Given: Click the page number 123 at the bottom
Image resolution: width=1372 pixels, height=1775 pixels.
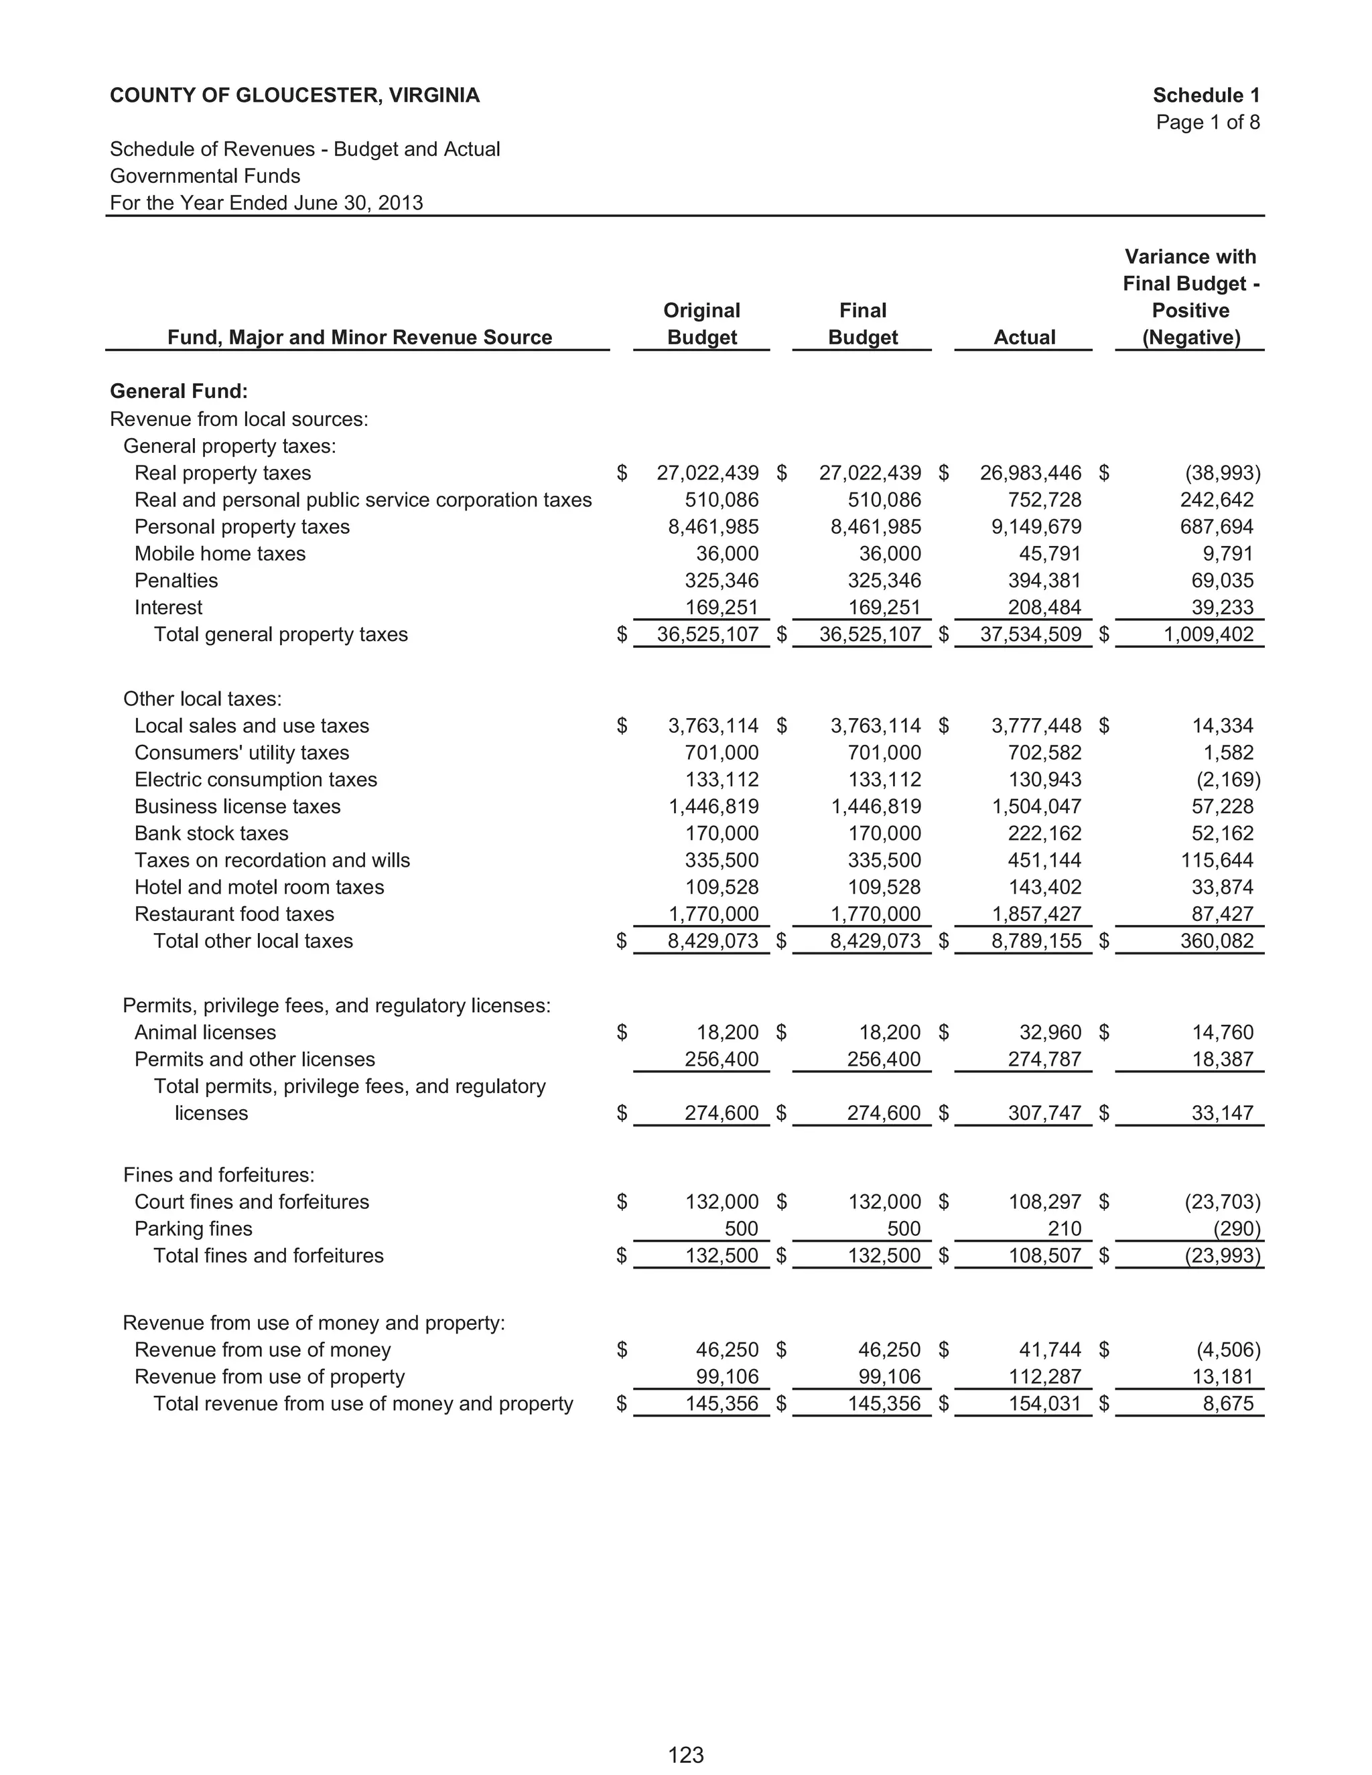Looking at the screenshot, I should (x=685, y=1755).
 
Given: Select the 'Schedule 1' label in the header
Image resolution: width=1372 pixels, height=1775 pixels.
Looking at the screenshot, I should (x=1205, y=95).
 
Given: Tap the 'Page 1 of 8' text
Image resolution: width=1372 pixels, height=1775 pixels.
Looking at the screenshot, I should (x=1207, y=122).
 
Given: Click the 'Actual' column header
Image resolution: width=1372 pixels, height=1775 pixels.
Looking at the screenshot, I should (x=1024, y=338).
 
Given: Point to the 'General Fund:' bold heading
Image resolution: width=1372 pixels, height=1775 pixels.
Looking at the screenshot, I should (x=179, y=391).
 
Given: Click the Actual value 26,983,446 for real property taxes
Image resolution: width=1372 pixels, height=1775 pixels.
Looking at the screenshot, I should (x=1030, y=473).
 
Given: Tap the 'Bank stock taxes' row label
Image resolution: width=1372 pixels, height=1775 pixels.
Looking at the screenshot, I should (x=211, y=833).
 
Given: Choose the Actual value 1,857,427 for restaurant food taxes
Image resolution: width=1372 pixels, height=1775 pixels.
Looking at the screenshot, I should (x=1036, y=914).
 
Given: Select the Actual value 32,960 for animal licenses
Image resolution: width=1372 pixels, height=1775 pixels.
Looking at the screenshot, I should (x=1050, y=1032).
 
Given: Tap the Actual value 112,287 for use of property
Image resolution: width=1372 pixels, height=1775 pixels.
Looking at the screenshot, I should (x=1044, y=1376).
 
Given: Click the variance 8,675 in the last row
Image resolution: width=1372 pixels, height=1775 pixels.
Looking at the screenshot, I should (x=1227, y=1403).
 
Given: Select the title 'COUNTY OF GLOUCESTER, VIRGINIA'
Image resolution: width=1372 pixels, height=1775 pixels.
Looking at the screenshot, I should (x=294, y=95).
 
